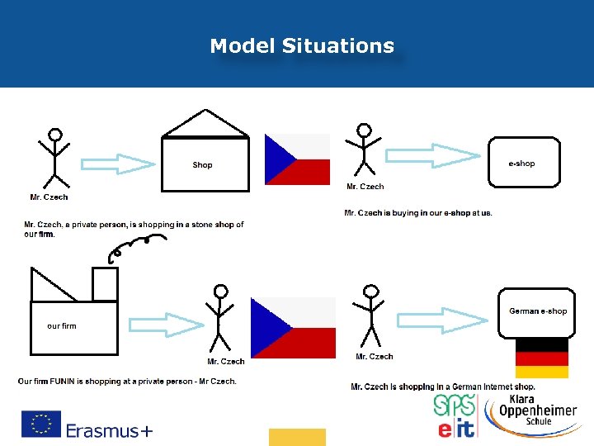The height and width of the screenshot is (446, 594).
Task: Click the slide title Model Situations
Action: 302,46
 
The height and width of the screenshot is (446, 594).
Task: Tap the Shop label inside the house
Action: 202,165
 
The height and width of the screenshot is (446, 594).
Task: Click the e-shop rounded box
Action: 524,163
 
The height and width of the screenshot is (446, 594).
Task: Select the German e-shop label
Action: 538,311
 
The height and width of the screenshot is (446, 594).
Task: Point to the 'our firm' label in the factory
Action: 62,326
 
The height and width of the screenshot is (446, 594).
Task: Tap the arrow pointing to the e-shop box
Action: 434,155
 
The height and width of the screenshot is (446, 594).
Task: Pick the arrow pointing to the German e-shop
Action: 445,320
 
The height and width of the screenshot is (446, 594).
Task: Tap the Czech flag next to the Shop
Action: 296,159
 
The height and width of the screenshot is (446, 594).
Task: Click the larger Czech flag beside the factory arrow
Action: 293,328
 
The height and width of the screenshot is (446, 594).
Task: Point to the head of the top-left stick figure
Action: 54,134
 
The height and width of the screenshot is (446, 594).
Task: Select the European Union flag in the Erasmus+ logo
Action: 40,424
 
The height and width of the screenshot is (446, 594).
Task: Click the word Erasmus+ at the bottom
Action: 109,430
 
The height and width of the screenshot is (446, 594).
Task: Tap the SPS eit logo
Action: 455,416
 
